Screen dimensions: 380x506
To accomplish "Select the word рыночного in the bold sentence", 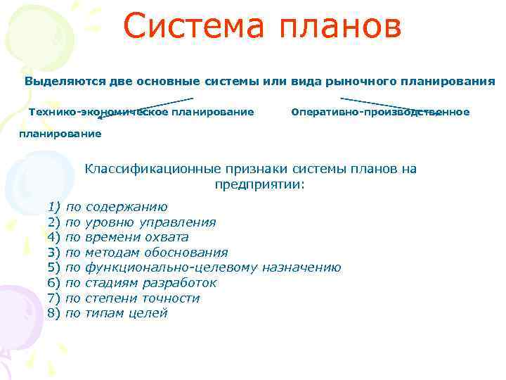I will point(359,81).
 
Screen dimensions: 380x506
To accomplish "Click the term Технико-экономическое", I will point(86,112).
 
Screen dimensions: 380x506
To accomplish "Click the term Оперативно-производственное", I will point(380,112).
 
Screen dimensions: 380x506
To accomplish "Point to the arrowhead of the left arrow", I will point(100,110).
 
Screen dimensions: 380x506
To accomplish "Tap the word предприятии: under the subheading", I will point(260,184).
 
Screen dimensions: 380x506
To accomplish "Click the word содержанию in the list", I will point(126,207).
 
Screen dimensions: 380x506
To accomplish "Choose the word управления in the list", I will point(177,222).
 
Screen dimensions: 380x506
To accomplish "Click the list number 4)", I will point(55,237).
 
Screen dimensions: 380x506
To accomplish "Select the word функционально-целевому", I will point(171,267).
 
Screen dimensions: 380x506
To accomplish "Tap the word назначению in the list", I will point(303,267).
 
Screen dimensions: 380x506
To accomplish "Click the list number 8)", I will point(55,313).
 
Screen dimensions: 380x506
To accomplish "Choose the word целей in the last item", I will point(148,313).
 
